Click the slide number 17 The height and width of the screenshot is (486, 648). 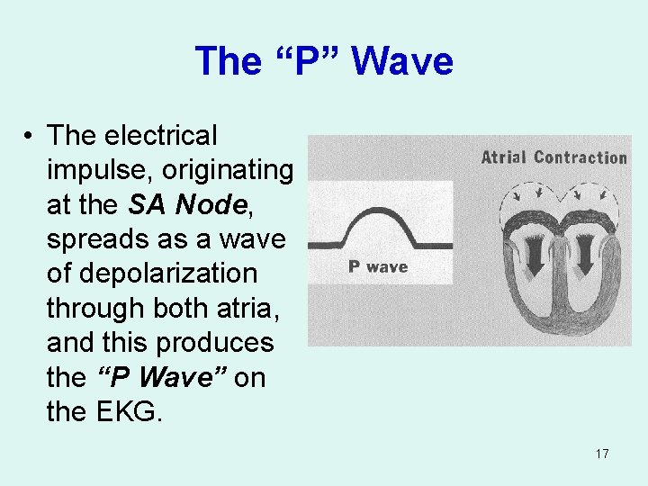[x=602, y=453]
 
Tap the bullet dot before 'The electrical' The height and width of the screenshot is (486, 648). [x=31, y=136]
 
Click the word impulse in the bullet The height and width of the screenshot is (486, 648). [x=98, y=170]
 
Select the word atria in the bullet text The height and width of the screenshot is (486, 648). [x=248, y=307]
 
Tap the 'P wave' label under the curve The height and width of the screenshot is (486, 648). [x=378, y=266]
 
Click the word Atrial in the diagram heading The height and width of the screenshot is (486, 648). [x=504, y=157]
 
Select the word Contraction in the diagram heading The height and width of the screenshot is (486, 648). [x=580, y=157]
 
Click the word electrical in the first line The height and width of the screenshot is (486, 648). [x=161, y=136]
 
